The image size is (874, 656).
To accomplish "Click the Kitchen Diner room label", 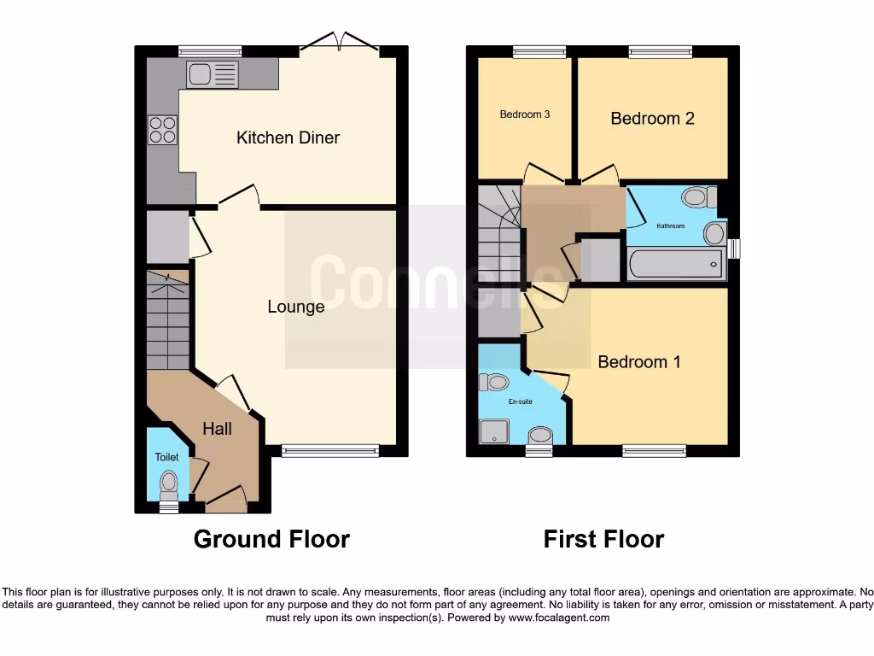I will click(x=288, y=138).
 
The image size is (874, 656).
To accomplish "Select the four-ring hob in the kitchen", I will click(x=162, y=129).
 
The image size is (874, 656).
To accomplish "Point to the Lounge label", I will click(x=295, y=307).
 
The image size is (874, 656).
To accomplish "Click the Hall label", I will click(x=217, y=429).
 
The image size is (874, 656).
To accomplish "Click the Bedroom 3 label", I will click(x=525, y=114).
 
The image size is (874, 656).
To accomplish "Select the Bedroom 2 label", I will click(x=652, y=119).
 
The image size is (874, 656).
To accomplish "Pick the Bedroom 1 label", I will click(x=639, y=362).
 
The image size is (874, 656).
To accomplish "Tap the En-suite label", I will click(x=521, y=401).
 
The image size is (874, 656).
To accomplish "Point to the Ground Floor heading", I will click(x=271, y=540).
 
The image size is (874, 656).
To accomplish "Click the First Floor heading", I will click(x=603, y=540).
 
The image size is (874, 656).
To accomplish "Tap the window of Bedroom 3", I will click(x=539, y=51).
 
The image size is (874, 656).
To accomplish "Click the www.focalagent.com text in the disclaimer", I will click(x=559, y=618).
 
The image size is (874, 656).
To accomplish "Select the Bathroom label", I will click(x=670, y=226).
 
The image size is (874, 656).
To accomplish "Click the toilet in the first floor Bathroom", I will click(x=698, y=198).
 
